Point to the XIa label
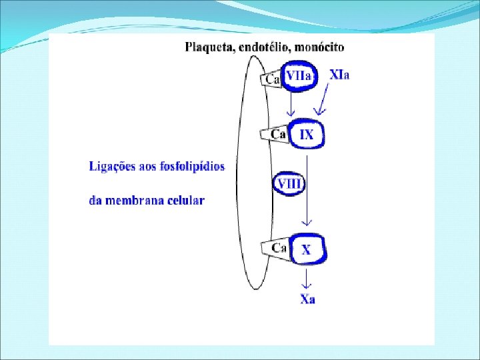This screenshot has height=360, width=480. pos(340,74)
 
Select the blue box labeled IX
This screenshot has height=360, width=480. pos(306,135)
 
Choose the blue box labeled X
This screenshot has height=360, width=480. pos(306,250)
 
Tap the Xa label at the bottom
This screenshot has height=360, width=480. pos(307,299)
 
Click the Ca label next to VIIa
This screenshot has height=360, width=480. pos(273,79)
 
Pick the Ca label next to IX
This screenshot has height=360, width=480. pos(278,135)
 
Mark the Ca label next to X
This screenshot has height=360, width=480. pos(279,248)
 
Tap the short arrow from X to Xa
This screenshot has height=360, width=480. pos(306,277)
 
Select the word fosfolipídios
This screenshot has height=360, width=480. pos(193,166)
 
